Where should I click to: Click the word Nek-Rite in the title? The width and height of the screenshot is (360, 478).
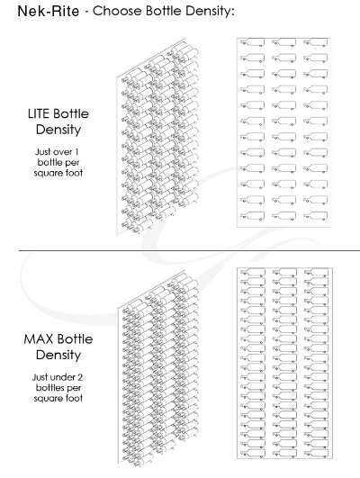click(49, 12)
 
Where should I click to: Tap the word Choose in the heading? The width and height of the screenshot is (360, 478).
click(117, 11)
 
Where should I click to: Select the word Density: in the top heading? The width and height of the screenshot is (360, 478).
click(210, 12)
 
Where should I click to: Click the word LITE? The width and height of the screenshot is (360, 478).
click(39, 113)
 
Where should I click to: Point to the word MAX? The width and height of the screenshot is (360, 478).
click(38, 339)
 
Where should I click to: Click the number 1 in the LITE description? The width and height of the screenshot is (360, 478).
click(76, 151)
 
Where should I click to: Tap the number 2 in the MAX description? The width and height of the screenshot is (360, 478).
click(80, 377)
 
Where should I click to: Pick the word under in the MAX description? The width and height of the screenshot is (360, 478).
click(62, 377)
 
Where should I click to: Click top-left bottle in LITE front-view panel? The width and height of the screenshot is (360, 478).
click(252, 42)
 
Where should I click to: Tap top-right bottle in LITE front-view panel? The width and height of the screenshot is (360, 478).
click(316, 42)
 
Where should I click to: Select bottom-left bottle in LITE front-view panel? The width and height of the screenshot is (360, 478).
click(252, 215)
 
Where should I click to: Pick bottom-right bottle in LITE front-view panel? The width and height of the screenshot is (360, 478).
click(316, 215)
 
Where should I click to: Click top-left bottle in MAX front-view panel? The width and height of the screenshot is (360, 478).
click(252, 273)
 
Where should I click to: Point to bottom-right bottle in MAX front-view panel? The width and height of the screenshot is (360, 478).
click(316, 454)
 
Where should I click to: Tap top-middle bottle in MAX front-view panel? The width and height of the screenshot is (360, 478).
click(284, 273)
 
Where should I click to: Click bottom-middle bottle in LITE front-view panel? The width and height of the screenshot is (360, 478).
click(283, 215)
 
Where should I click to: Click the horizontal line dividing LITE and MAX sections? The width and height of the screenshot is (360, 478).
click(189, 250)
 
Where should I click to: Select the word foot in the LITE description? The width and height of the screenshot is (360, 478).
click(75, 173)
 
